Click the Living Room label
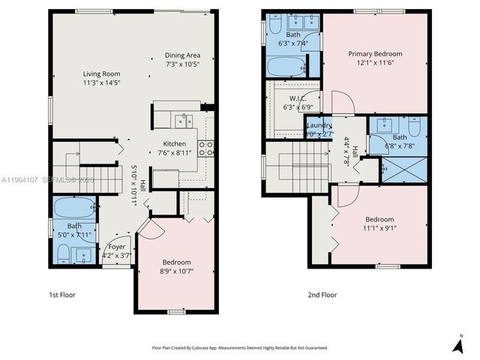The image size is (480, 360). [x=100, y=73]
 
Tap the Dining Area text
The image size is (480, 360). [x=183, y=55]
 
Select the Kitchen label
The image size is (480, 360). [x=175, y=144]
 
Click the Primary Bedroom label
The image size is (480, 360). [x=374, y=54]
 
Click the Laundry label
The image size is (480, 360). [x=319, y=125]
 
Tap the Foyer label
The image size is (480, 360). [x=117, y=247]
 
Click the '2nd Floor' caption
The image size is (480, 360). [x=322, y=295]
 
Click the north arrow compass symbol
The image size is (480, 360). [x=458, y=344]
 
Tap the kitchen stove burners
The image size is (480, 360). [x=206, y=148]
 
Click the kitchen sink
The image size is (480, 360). [x=183, y=120]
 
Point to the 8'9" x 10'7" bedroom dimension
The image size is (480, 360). [x=177, y=271]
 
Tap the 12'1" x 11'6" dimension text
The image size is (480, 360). [x=374, y=64]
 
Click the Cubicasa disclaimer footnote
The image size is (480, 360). [x=239, y=347]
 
